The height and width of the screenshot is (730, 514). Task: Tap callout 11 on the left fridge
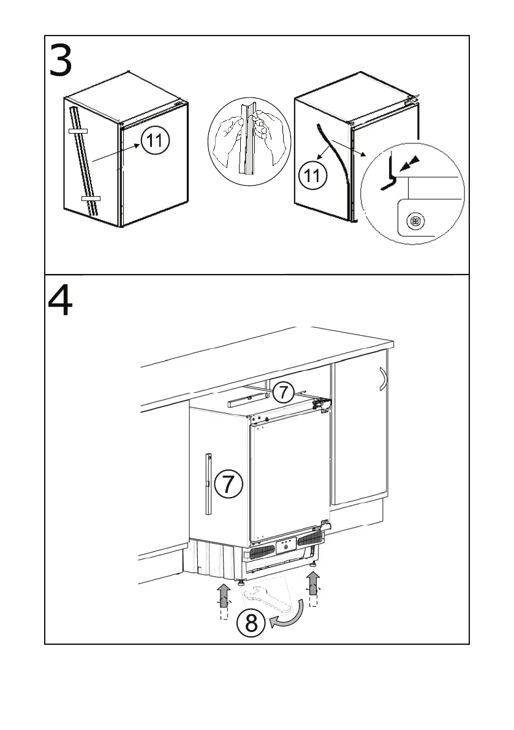point(156,141)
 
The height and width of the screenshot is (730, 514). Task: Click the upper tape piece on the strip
point(78,131)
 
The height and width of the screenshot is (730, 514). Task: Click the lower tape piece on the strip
point(90,199)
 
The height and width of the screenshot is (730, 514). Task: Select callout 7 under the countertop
point(283,391)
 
